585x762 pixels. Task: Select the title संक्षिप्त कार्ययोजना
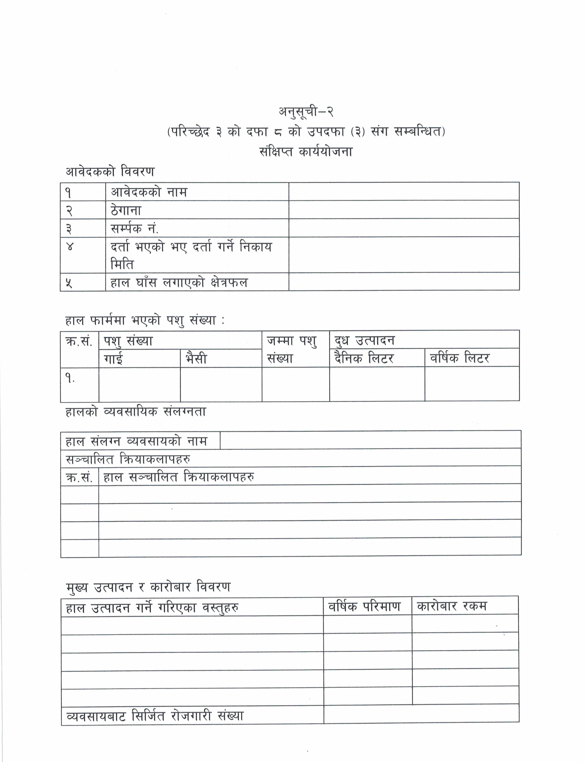click(x=306, y=152)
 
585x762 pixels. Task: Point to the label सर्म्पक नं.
click(x=135, y=228)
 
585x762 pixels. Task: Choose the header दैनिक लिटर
click(x=364, y=358)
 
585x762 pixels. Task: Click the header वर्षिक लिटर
click(x=460, y=358)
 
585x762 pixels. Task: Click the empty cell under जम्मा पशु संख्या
click(x=296, y=384)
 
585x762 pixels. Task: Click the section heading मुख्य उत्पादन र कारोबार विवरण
click(x=148, y=587)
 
